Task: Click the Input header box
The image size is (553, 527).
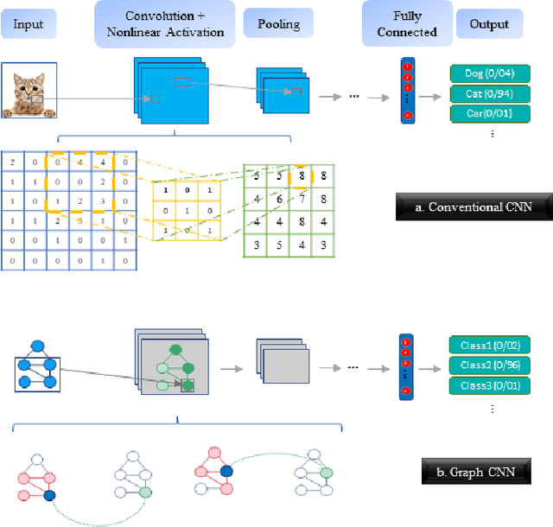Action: (x=29, y=23)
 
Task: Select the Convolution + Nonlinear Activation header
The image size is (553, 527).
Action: (x=165, y=23)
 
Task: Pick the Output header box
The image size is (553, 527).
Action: (x=489, y=23)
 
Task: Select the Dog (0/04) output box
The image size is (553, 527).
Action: (x=490, y=74)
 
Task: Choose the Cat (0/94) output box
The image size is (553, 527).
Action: (x=490, y=94)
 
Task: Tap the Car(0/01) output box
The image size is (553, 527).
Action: (x=490, y=114)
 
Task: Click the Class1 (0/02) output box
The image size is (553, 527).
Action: (x=490, y=345)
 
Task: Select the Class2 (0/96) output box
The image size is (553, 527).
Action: (x=490, y=365)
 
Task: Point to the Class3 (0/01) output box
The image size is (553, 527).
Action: (x=490, y=384)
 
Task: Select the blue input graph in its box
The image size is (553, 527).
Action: (x=37, y=366)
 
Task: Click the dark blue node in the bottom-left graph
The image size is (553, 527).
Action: (x=49, y=495)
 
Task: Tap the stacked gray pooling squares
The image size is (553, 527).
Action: (x=282, y=360)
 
